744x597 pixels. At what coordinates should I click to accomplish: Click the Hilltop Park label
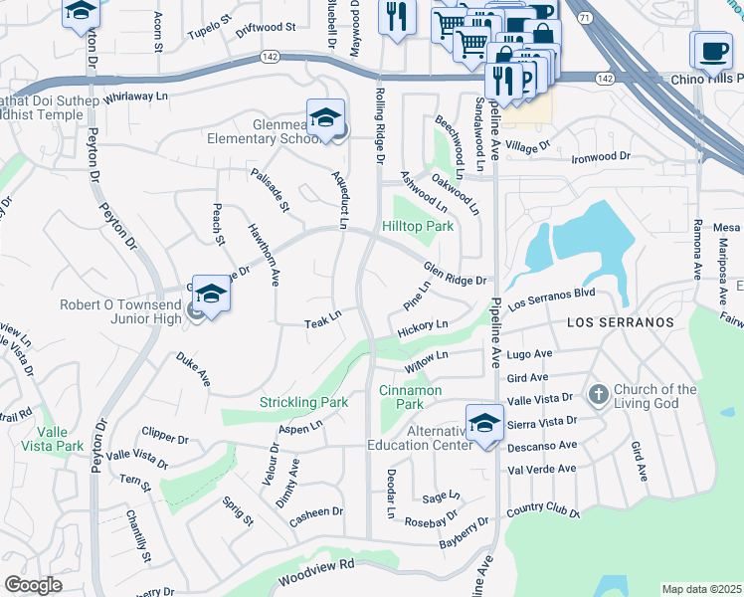click(x=418, y=226)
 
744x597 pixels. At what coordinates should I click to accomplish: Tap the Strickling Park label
click(x=303, y=402)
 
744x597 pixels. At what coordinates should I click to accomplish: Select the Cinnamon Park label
click(x=410, y=397)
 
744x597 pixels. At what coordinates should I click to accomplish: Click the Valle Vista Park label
click(x=59, y=439)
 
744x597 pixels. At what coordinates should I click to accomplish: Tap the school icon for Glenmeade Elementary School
click(x=325, y=119)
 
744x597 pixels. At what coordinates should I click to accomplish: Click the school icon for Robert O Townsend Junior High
click(x=211, y=295)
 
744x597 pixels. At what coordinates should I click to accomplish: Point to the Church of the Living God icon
click(x=598, y=395)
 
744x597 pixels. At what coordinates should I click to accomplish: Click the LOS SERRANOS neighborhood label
click(x=621, y=323)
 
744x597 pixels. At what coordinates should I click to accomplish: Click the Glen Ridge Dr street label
click(x=455, y=274)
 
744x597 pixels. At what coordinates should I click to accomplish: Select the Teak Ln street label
click(x=323, y=319)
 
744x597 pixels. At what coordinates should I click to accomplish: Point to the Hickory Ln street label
click(x=423, y=327)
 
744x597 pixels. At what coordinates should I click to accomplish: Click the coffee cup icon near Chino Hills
click(x=710, y=50)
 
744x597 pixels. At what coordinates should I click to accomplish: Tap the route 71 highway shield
click(x=584, y=18)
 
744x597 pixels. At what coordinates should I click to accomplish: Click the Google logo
click(x=33, y=585)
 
